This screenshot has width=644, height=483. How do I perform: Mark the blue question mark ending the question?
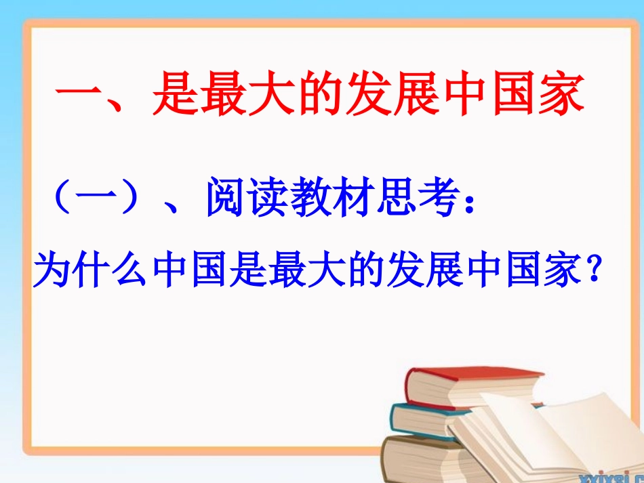[x=594, y=270]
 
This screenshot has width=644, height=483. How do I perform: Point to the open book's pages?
[x=542, y=434]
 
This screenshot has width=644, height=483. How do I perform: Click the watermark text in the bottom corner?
[x=617, y=476]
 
